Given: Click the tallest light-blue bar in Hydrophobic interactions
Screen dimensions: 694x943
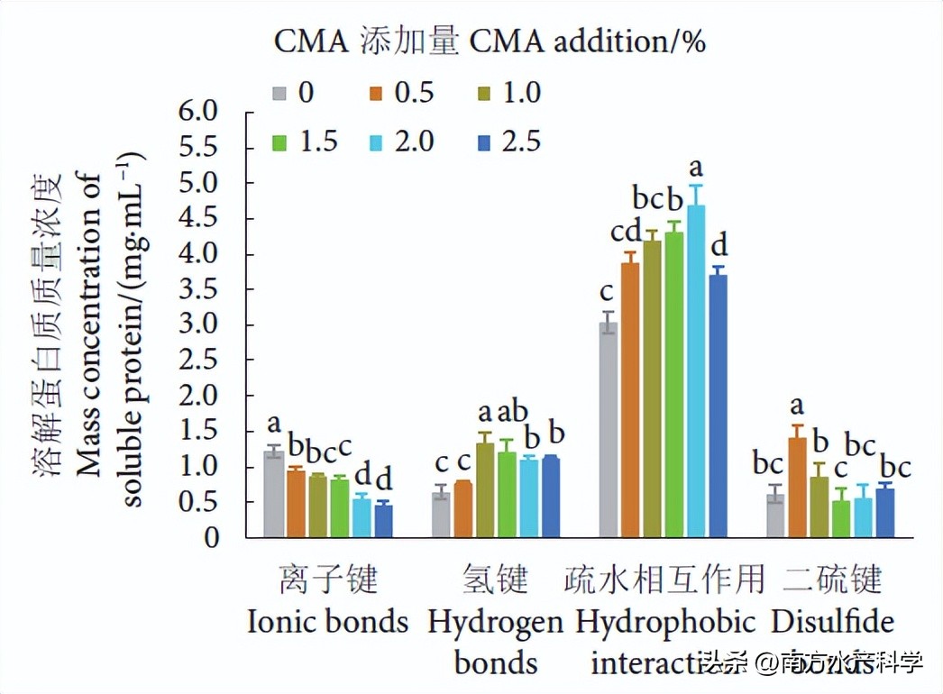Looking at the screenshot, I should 696,370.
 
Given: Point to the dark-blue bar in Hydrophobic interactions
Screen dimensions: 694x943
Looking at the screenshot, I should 718,406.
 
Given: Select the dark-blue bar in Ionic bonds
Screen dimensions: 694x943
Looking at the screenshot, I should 383,520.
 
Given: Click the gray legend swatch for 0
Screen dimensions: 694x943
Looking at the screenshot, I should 280,93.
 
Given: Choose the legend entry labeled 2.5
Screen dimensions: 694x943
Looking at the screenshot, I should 501,142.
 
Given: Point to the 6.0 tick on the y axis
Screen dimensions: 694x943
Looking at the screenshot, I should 199,112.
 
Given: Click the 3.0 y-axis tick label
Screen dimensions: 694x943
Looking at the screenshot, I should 199,325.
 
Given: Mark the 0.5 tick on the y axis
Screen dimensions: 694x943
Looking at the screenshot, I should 199,502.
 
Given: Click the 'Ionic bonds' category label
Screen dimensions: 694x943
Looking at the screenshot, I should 328,622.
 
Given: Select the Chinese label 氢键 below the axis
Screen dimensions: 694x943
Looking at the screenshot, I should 495,579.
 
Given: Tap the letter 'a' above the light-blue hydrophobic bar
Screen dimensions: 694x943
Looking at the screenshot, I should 696,167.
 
